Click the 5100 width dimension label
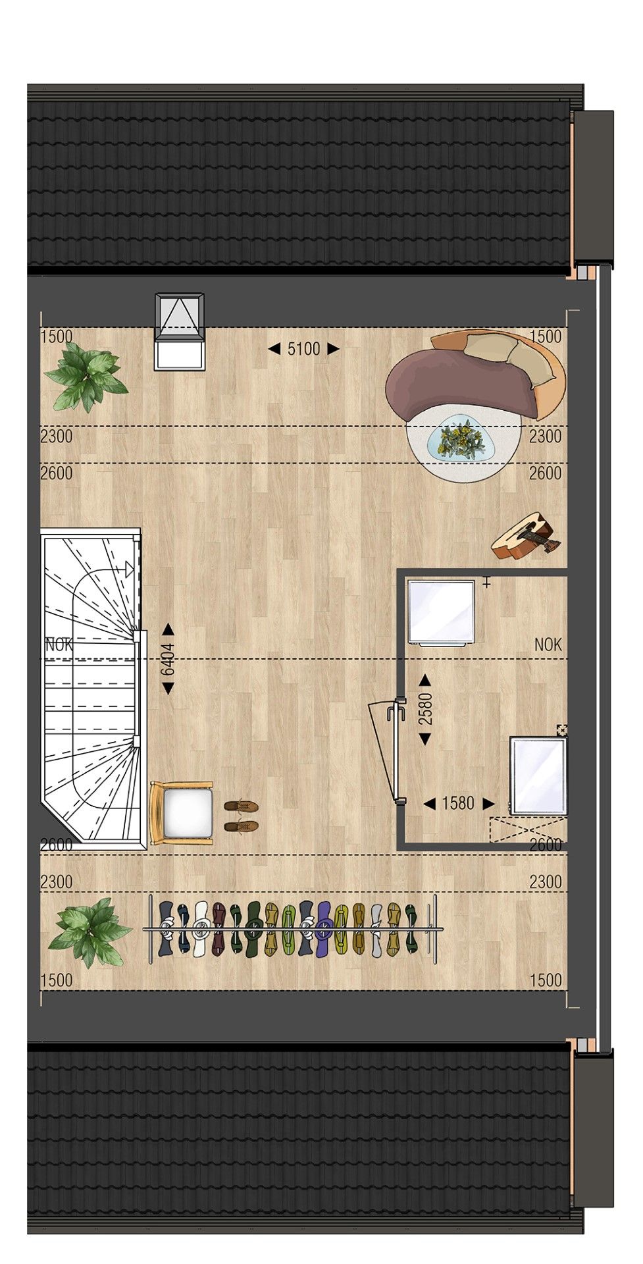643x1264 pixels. pos(303,349)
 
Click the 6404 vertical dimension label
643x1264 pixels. pos(168,658)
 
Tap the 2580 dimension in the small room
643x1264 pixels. pos(425,709)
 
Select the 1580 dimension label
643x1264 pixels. pos(458,803)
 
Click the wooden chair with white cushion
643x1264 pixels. pos(182,813)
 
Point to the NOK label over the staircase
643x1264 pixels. pos(59,645)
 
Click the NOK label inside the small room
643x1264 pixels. pos(548,645)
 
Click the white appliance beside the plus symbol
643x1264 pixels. pos(441,610)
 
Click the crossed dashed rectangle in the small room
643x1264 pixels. pos(527,828)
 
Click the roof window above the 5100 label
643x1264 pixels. pos(180,331)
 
